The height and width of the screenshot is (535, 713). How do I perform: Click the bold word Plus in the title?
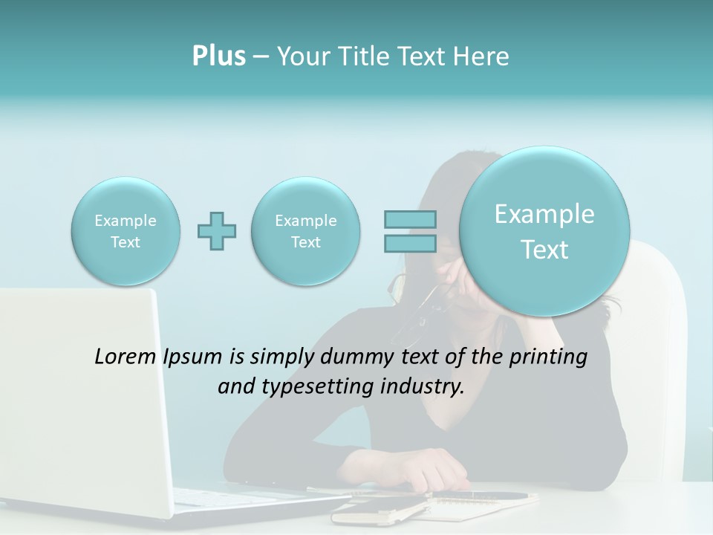[218, 56]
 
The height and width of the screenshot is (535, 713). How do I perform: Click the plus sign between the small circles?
[217, 231]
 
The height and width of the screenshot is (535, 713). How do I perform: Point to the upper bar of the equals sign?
[410, 219]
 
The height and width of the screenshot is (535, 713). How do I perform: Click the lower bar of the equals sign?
[410, 243]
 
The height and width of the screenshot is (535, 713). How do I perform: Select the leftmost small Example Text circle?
[126, 231]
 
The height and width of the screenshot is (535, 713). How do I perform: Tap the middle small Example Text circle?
[306, 231]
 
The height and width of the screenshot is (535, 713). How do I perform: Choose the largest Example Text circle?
[544, 231]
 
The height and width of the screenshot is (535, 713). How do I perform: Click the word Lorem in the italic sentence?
[126, 357]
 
